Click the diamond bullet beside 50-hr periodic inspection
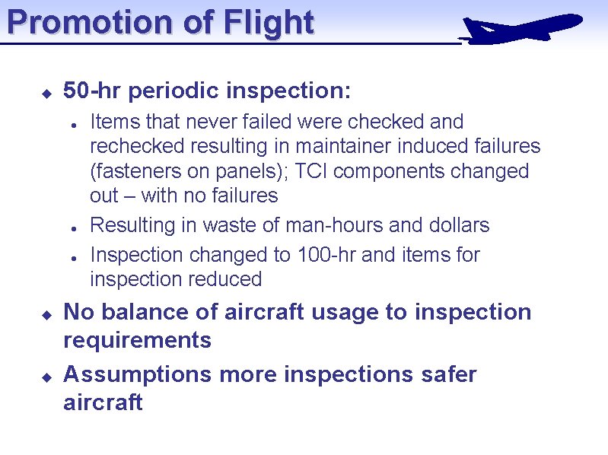[46, 94]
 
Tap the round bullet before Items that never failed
[71, 124]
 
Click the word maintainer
[343, 146]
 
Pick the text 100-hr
[326, 255]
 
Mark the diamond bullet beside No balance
[46, 314]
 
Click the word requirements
[137, 340]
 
